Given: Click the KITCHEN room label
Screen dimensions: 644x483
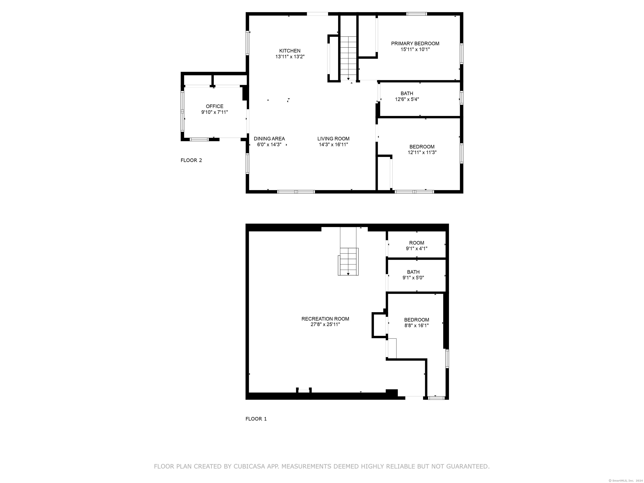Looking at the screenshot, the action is tap(290, 51).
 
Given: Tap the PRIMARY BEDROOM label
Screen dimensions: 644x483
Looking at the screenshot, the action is tap(415, 44).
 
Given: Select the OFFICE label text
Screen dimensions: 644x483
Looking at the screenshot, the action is tap(215, 106).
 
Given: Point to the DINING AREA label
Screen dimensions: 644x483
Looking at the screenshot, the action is tap(269, 139).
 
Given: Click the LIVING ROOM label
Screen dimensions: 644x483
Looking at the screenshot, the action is tap(333, 139).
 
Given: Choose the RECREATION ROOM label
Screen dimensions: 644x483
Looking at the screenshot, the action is tap(325, 319).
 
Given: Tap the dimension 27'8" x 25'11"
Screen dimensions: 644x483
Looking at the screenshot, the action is tap(325, 325).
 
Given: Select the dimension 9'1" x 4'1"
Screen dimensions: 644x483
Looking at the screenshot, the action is tap(417, 249).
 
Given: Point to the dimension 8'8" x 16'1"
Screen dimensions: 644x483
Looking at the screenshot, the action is tap(417, 326).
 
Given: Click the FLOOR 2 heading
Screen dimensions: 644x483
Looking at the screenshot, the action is tap(191, 160).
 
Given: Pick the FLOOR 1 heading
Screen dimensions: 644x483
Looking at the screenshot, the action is tap(256, 419).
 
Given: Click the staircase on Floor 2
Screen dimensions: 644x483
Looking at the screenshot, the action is tap(348, 58).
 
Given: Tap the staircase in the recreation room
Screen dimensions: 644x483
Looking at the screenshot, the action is tap(348, 261).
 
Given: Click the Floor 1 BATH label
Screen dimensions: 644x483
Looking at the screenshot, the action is tap(413, 272).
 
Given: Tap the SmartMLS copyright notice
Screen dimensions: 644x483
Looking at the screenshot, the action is tap(626, 480).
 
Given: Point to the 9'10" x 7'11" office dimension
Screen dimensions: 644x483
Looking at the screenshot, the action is tap(215, 112).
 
